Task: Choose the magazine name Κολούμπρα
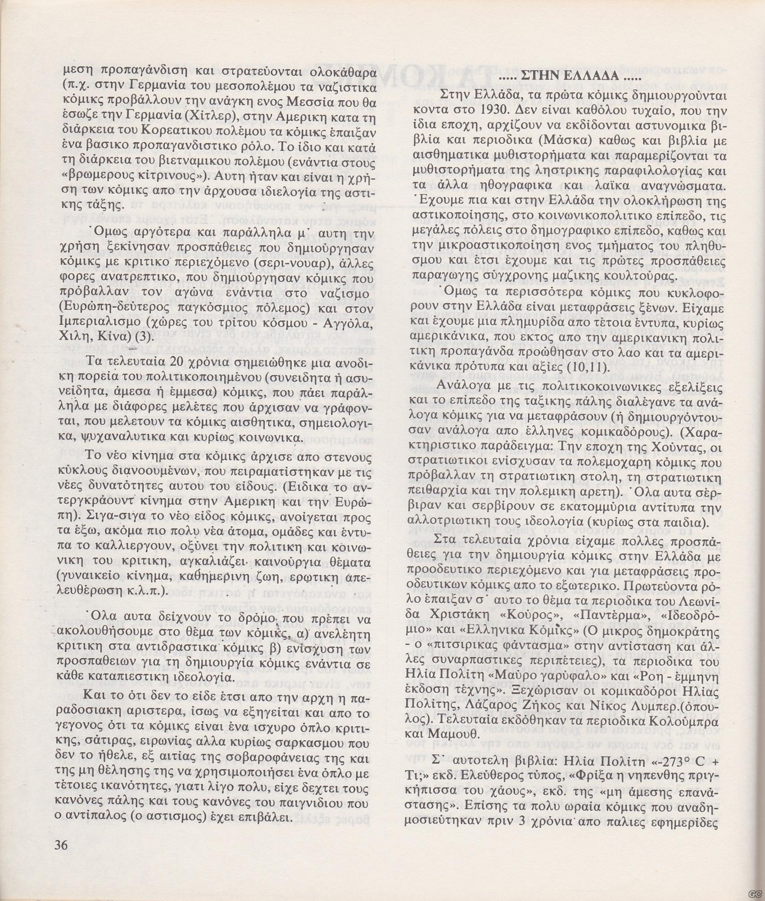pyautogui.click(x=686, y=722)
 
